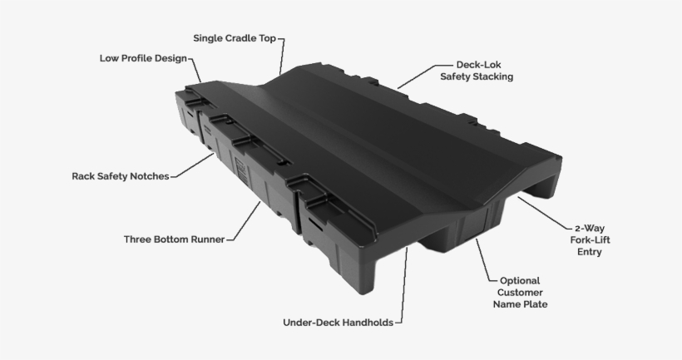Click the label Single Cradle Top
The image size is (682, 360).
(235, 38)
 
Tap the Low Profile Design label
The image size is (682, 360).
(143, 59)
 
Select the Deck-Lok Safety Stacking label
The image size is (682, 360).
(476, 71)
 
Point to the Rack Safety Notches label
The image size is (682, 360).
(120, 176)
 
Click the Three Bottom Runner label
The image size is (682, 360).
(174, 239)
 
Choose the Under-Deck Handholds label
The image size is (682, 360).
(338, 322)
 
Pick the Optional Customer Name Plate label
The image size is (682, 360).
(522, 293)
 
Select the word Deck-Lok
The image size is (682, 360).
(477, 64)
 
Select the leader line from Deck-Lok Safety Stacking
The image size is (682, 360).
(417, 76)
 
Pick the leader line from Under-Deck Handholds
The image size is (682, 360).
(403, 283)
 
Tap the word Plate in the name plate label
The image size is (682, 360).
(536, 305)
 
